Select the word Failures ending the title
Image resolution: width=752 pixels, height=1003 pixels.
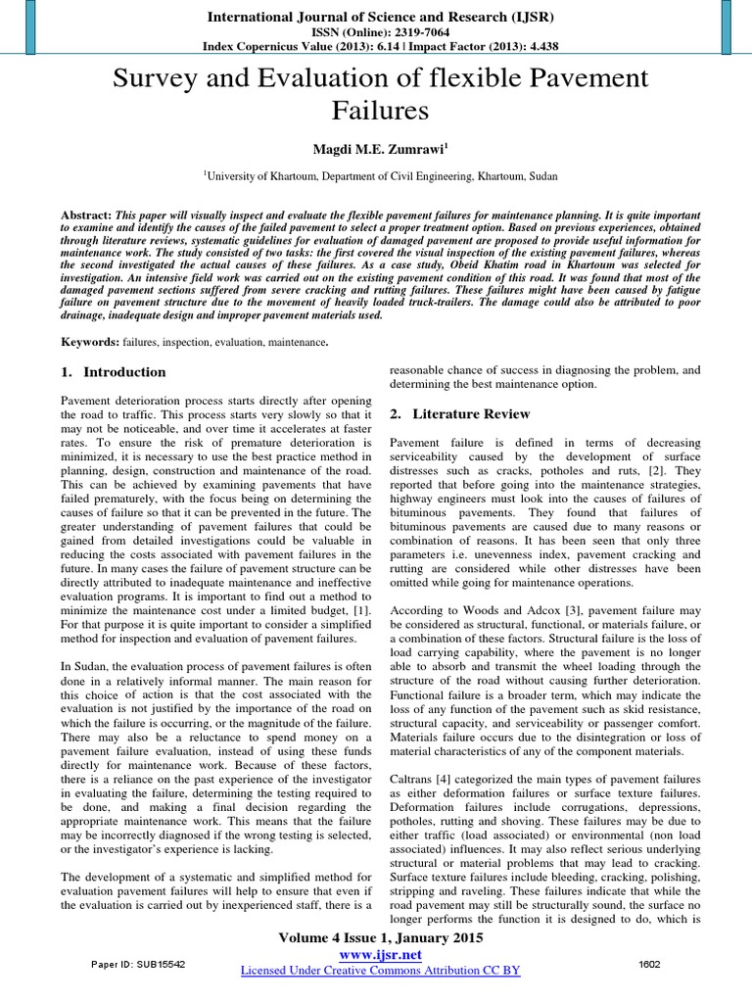click(x=376, y=111)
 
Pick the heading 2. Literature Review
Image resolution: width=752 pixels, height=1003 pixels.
click(x=459, y=414)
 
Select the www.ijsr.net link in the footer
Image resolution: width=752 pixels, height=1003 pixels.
click(x=378, y=953)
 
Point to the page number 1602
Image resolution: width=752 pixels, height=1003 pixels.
click(x=648, y=964)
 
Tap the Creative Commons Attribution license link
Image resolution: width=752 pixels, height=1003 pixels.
click(x=380, y=970)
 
